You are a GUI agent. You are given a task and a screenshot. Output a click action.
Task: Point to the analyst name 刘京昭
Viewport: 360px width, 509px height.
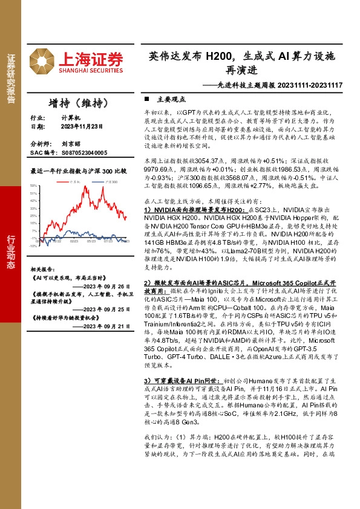pyautogui.click(x=71, y=144)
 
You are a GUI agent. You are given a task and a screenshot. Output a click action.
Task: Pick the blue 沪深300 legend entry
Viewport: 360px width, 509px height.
pyautogui.click(x=108, y=181)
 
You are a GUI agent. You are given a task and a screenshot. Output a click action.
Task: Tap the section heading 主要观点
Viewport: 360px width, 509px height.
pyautogui.click(x=167, y=99)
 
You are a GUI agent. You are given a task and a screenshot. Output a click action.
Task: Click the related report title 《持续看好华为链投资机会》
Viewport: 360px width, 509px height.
pyautogui.click(x=65, y=316)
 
